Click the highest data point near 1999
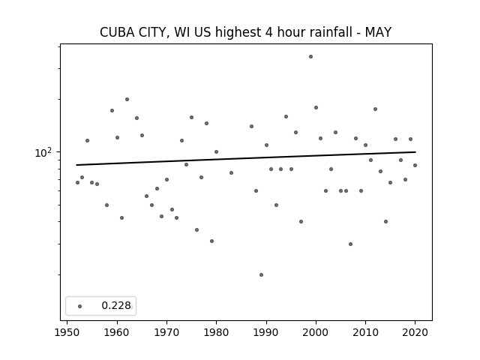310,57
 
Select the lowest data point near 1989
261,275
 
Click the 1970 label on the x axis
166,332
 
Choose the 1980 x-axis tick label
216,332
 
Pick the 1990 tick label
266,332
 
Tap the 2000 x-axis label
316,332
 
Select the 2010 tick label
365,332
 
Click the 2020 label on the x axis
415,332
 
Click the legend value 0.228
116,305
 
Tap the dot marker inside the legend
80,306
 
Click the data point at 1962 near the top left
127,100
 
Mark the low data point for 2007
350,244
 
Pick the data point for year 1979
211,241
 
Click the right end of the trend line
415,151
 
